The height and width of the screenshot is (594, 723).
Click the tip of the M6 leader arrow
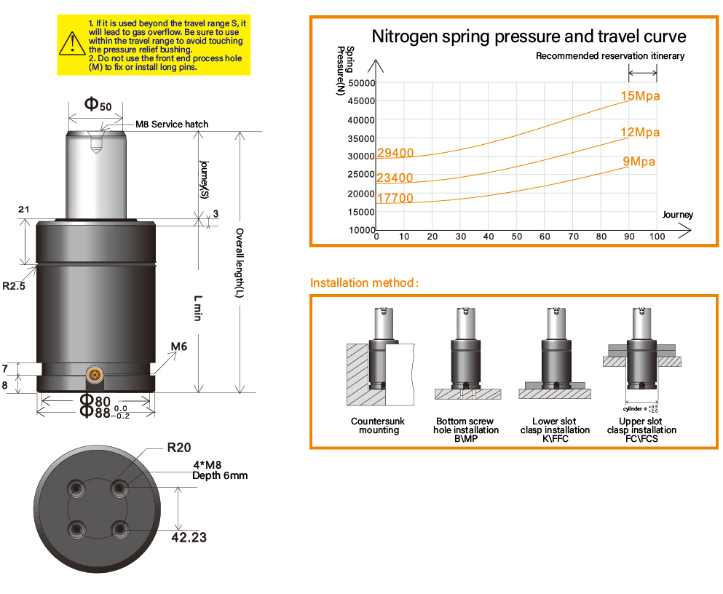pyautogui.click(x=177, y=352)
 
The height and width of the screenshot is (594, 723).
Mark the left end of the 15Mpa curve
pyautogui.click(x=376, y=158)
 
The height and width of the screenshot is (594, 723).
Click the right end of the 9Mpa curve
pyautogui.click(x=629, y=167)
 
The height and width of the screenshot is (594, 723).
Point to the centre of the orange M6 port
pyautogui.click(x=95, y=375)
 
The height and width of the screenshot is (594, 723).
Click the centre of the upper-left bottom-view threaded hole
pyautogui.click(x=76, y=488)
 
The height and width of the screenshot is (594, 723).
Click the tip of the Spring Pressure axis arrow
pyautogui.click(x=376, y=60)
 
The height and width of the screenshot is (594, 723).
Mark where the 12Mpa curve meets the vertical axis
pyautogui.click(x=376, y=183)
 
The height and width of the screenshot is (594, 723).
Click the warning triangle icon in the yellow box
pyautogui.click(x=72, y=43)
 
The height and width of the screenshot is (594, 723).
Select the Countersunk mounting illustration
pyautogui.click(x=381, y=357)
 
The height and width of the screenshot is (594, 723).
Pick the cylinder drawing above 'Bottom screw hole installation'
pyautogui.click(x=467, y=353)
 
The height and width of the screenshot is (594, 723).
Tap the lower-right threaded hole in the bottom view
pyautogui.click(x=119, y=529)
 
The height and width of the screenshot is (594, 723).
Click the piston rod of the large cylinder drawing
pyautogui.click(x=96, y=175)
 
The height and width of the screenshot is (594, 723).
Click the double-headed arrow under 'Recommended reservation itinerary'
pyautogui.click(x=643, y=72)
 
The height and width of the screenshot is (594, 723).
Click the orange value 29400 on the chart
pyautogui.click(x=395, y=153)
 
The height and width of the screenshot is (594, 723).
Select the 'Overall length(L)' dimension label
pyautogui.click(x=240, y=263)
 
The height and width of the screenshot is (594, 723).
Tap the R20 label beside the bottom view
pyautogui.click(x=179, y=448)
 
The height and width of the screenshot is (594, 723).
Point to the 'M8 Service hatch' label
pyautogui.click(x=172, y=124)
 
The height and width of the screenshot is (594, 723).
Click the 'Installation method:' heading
pyautogui.click(x=364, y=282)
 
